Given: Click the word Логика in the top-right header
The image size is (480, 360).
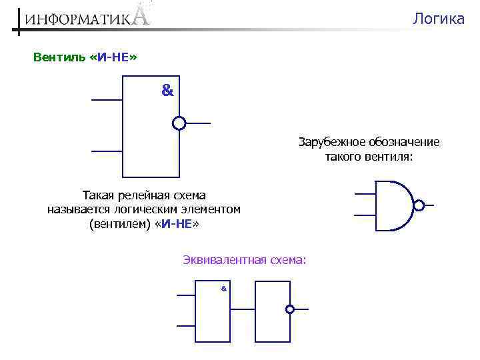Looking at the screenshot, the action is point(438,19).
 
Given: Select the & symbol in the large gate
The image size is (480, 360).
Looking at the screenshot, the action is point(167,91).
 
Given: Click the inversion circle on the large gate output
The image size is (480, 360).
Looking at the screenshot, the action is point(179,123).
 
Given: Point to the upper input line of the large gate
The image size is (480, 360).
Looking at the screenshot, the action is point(107,100).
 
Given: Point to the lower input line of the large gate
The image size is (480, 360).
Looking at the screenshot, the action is point(107,151).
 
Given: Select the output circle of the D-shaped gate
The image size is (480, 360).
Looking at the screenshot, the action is point(419,205).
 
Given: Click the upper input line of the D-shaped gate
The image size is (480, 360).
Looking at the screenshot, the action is point(365,194).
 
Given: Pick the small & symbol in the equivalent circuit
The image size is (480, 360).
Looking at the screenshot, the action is point(223,288).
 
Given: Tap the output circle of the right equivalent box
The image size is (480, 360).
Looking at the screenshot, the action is point(290,309).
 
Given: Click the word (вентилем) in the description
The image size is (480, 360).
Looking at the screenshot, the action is point(119,225).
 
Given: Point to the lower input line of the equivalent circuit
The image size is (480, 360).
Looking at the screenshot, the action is point(185,325).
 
